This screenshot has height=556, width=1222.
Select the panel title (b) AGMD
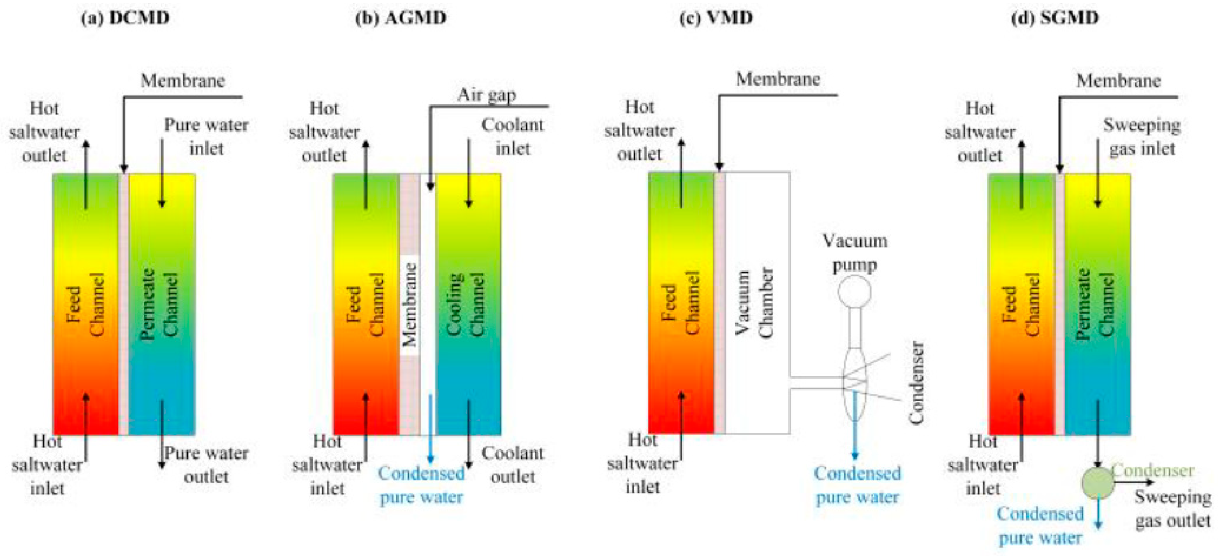(x=401, y=18)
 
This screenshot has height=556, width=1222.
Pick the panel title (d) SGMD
(x=1056, y=18)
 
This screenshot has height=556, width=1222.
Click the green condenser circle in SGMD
(x=1097, y=483)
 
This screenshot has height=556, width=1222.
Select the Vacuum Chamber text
(x=754, y=303)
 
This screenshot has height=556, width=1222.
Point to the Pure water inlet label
(x=206, y=137)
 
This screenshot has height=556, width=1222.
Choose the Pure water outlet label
(x=206, y=464)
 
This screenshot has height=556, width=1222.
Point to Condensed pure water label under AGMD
(x=421, y=485)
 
